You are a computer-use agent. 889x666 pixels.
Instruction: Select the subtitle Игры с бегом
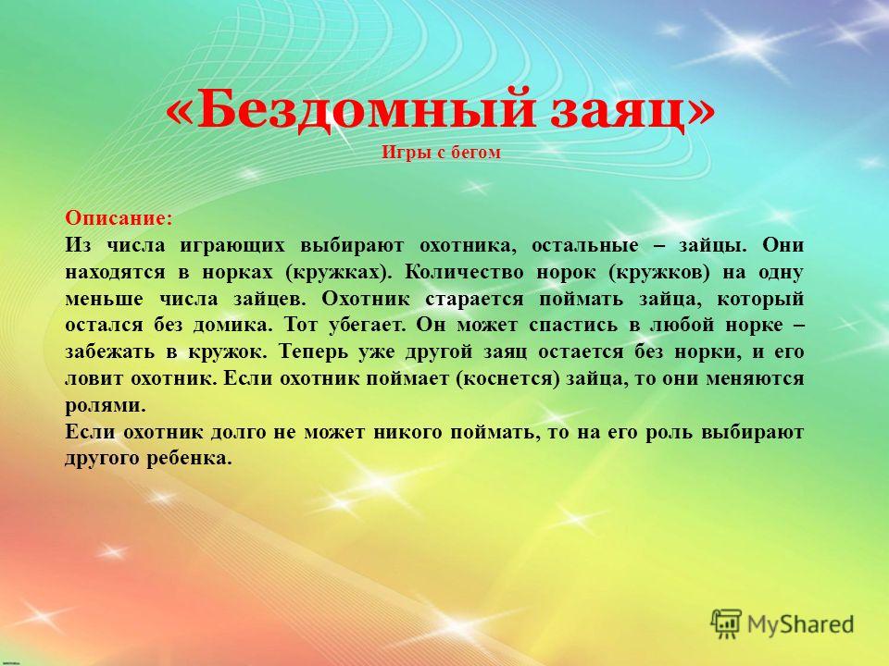point(441,153)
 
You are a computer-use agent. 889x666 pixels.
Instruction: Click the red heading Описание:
point(119,218)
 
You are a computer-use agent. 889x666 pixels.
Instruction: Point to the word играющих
point(232,246)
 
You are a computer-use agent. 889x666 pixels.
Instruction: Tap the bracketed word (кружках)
point(339,272)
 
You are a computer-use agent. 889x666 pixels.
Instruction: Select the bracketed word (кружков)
point(658,272)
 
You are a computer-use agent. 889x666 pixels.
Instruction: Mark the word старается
point(474,299)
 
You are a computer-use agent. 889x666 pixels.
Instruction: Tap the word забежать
point(109,352)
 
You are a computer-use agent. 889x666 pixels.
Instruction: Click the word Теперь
point(313,352)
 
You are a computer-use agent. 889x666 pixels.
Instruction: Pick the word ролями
point(106,405)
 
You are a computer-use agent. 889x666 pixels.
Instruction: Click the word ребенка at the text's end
point(189,458)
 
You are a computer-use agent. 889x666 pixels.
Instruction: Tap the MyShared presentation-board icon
point(726,624)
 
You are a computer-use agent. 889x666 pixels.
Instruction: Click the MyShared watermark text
point(800,624)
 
